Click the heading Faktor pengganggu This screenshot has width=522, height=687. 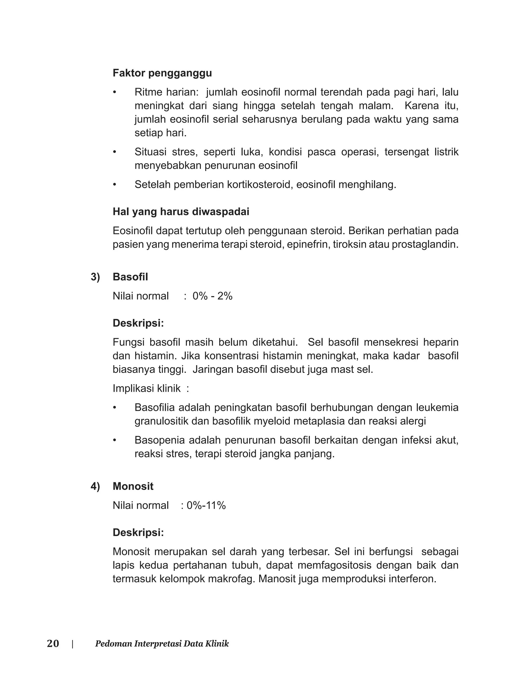(x=162, y=73)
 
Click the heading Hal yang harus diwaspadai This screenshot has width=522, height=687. (x=181, y=212)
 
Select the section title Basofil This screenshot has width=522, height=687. (x=130, y=277)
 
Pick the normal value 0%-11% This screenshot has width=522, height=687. (x=206, y=505)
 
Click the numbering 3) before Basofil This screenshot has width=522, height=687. (x=95, y=277)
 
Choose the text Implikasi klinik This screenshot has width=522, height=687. (x=147, y=388)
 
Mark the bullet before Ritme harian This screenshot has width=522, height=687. (x=115, y=92)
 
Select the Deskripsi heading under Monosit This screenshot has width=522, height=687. (x=138, y=532)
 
